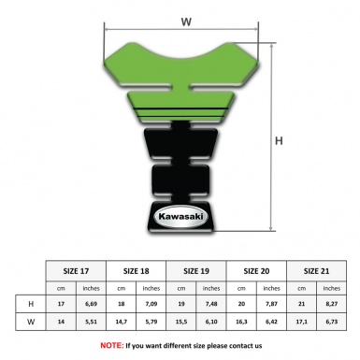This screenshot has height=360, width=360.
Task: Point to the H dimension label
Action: coord(279,141)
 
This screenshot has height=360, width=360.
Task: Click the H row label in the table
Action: coord(32,305)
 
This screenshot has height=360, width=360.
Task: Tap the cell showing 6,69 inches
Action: coord(92,305)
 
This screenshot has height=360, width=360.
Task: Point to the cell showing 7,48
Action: coord(212,305)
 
